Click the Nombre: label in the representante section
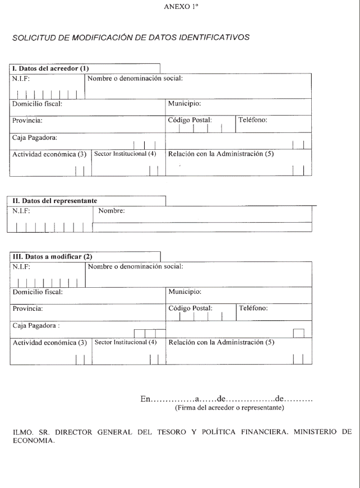pos(111,211)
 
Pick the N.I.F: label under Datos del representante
pos(21,211)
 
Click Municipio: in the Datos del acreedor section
pos(184,104)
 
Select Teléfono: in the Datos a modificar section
pos(253,308)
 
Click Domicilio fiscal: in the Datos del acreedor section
pos(37,104)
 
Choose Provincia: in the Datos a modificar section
pos(27,308)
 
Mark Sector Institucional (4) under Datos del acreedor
pos(125,153)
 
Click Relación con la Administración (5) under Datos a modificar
pos(221,342)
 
